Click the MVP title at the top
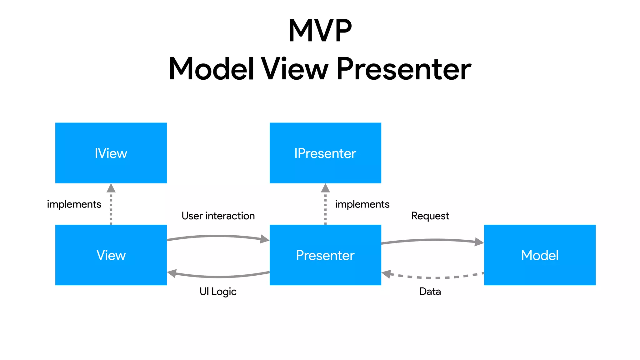click(320, 31)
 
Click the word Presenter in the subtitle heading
click(403, 69)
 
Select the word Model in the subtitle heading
click(211, 69)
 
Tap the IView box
click(111, 153)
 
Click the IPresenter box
click(325, 153)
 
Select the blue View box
click(111, 255)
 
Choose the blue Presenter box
click(325, 255)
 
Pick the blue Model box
click(540, 255)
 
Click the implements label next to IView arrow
click(74, 204)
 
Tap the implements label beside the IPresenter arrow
click(362, 204)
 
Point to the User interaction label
click(218, 216)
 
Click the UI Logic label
click(218, 292)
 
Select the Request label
click(430, 216)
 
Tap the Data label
click(430, 292)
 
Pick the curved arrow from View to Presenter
click(218, 236)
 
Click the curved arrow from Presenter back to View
click(218, 277)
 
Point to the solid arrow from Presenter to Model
click(433, 240)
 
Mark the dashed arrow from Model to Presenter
click(433, 277)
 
